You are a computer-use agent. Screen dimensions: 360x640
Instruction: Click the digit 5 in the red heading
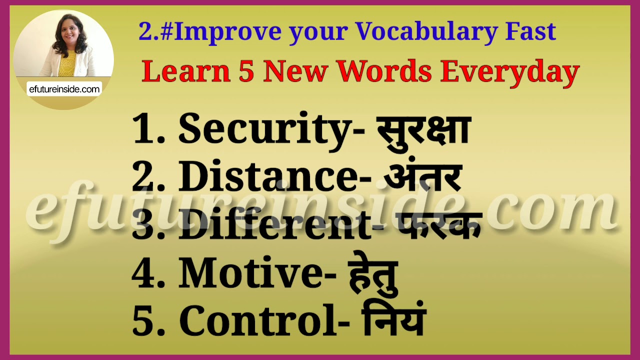246,71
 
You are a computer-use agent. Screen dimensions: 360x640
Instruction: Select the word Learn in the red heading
185,71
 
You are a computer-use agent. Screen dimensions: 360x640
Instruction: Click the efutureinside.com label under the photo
64,89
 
